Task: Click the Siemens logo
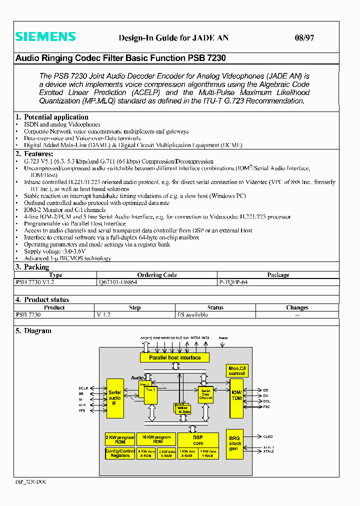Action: coord(45,37)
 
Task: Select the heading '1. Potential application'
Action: coord(52,117)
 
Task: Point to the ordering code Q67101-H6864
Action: coord(118,282)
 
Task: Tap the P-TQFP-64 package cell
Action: coord(233,282)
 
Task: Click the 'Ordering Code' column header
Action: coord(156,275)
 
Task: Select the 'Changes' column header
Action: coord(297,307)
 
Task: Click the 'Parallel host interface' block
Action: coord(174,357)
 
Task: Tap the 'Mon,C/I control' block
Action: coord(236,371)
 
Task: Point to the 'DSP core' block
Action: coord(198,440)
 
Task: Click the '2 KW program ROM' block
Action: coord(120,439)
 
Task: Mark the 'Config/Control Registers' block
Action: coord(120,453)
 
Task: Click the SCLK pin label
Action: coord(83,388)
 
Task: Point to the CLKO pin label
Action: coord(268,436)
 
